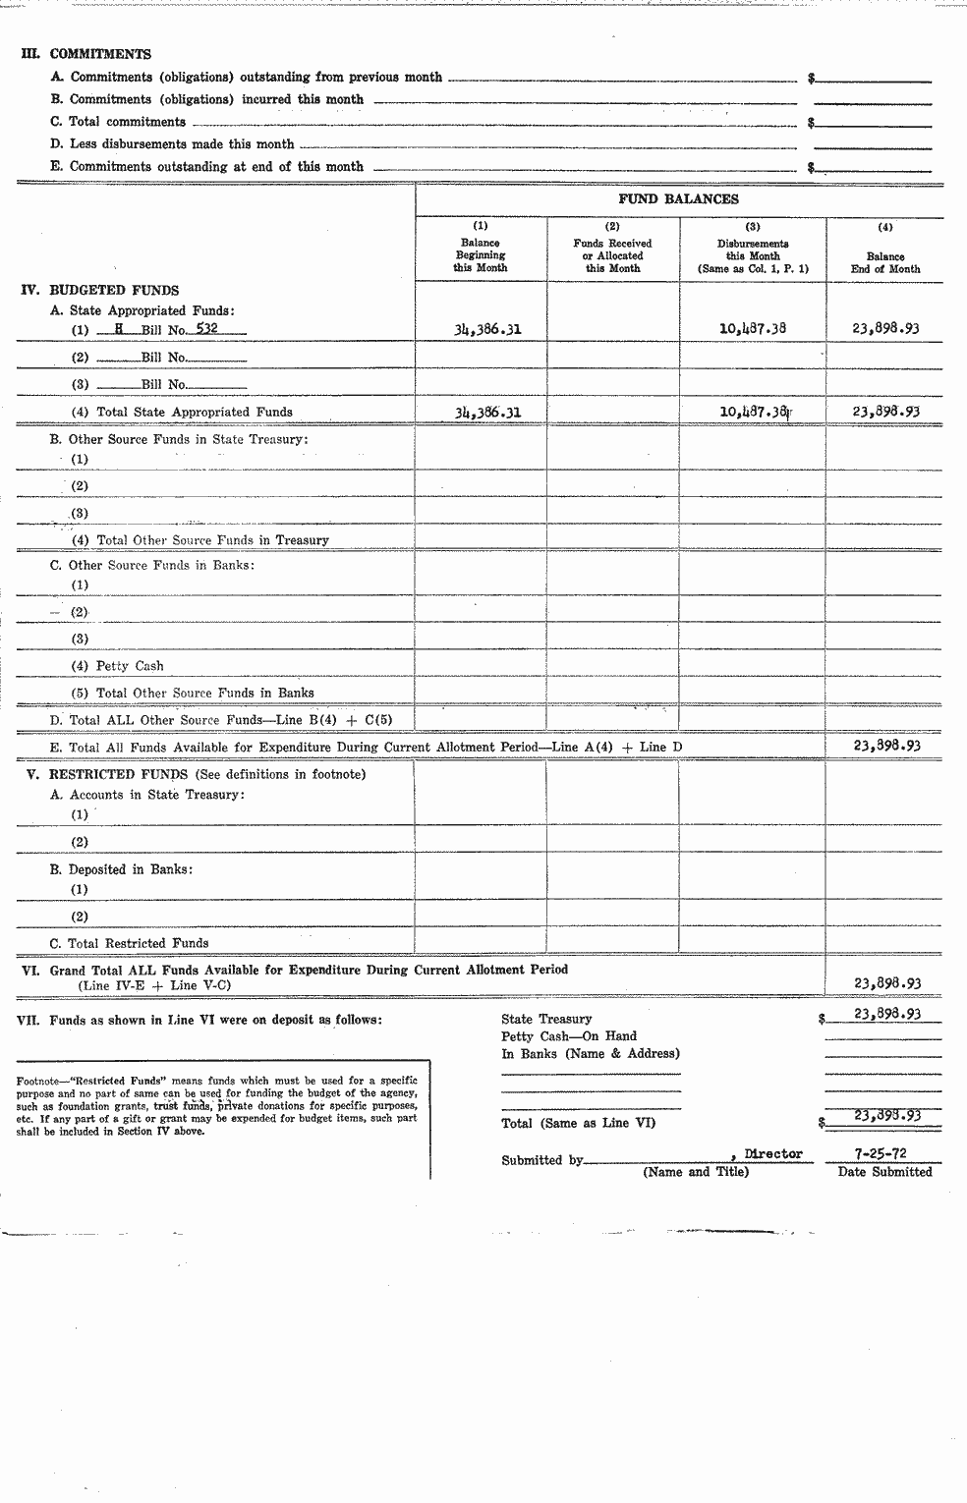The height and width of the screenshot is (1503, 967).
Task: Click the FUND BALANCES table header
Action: point(678,199)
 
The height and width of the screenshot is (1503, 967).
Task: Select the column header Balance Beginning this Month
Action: point(481,255)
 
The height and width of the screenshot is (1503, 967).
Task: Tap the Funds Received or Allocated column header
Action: point(612,255)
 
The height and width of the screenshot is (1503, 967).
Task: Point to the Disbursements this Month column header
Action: point(753,255)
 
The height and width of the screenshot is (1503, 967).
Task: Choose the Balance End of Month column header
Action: point(885,262)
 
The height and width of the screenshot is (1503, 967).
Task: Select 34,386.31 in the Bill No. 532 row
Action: point(486,330)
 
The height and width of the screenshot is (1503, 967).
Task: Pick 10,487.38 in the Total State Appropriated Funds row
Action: point(754,413)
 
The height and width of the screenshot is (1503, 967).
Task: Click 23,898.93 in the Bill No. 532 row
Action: point(885,330)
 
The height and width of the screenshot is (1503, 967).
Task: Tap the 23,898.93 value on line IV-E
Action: point(885,746)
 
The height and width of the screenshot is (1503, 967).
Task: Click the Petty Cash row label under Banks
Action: point(130,666)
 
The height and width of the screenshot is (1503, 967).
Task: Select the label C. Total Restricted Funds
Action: point(130,943)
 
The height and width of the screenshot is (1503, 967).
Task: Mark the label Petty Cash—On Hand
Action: point(569,1036)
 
